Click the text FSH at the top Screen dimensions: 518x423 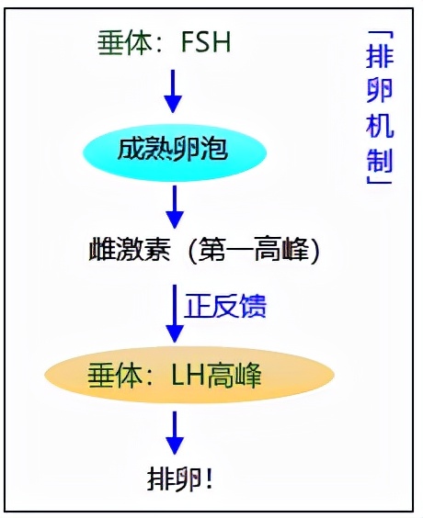[200, 42]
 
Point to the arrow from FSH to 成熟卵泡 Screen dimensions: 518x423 [171, 90]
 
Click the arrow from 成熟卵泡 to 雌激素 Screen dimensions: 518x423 [171, 207]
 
